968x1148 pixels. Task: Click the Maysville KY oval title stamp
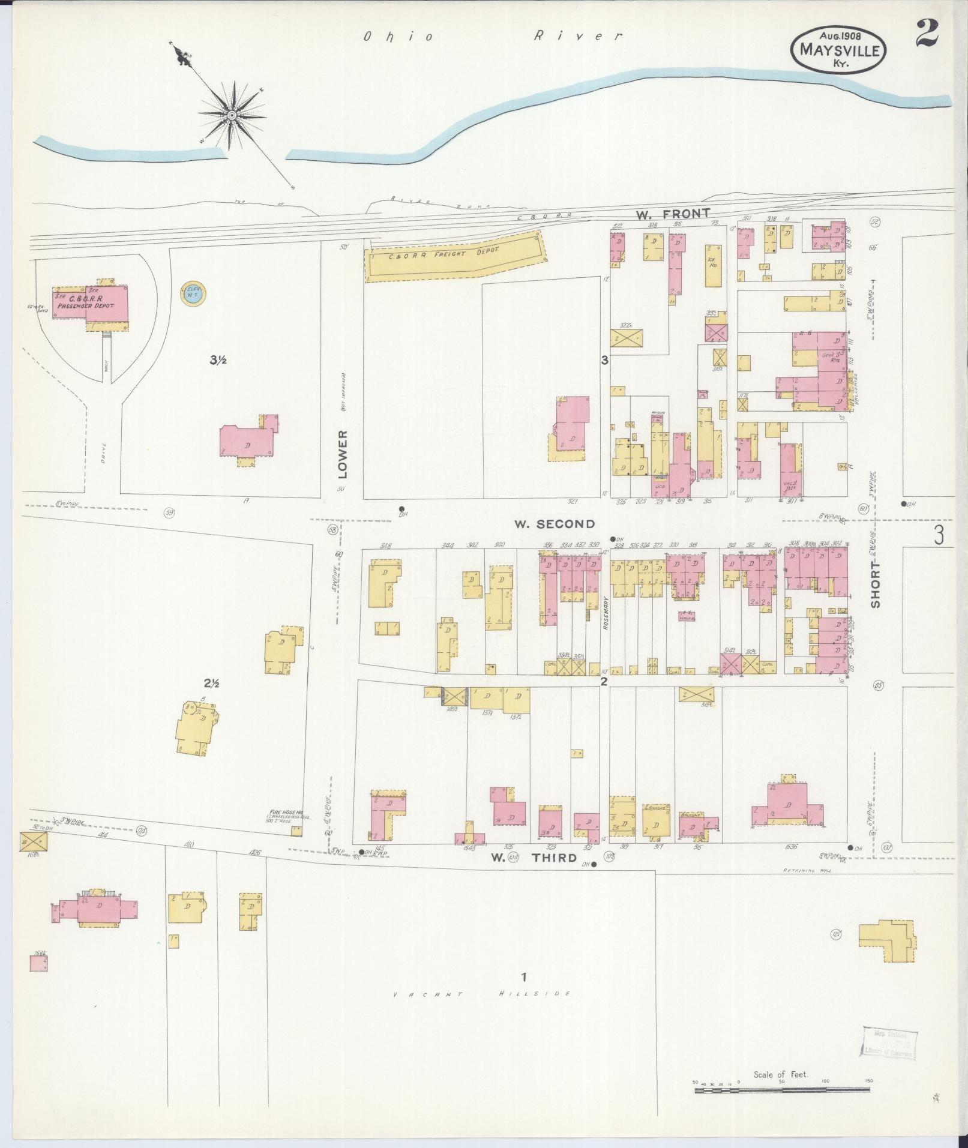click(x=839, y=51)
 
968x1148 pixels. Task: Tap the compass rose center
click(x=231, y=115)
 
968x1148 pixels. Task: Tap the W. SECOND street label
click(x=554, y=524)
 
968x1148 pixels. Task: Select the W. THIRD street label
click(x=534, y=858)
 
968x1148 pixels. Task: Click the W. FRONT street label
click(x=673, y=213)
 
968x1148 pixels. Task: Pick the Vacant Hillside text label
click(x=481, y=994)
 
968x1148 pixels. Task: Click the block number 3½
click(x=217, y=360)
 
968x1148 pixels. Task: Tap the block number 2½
click(x=211, y=683)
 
